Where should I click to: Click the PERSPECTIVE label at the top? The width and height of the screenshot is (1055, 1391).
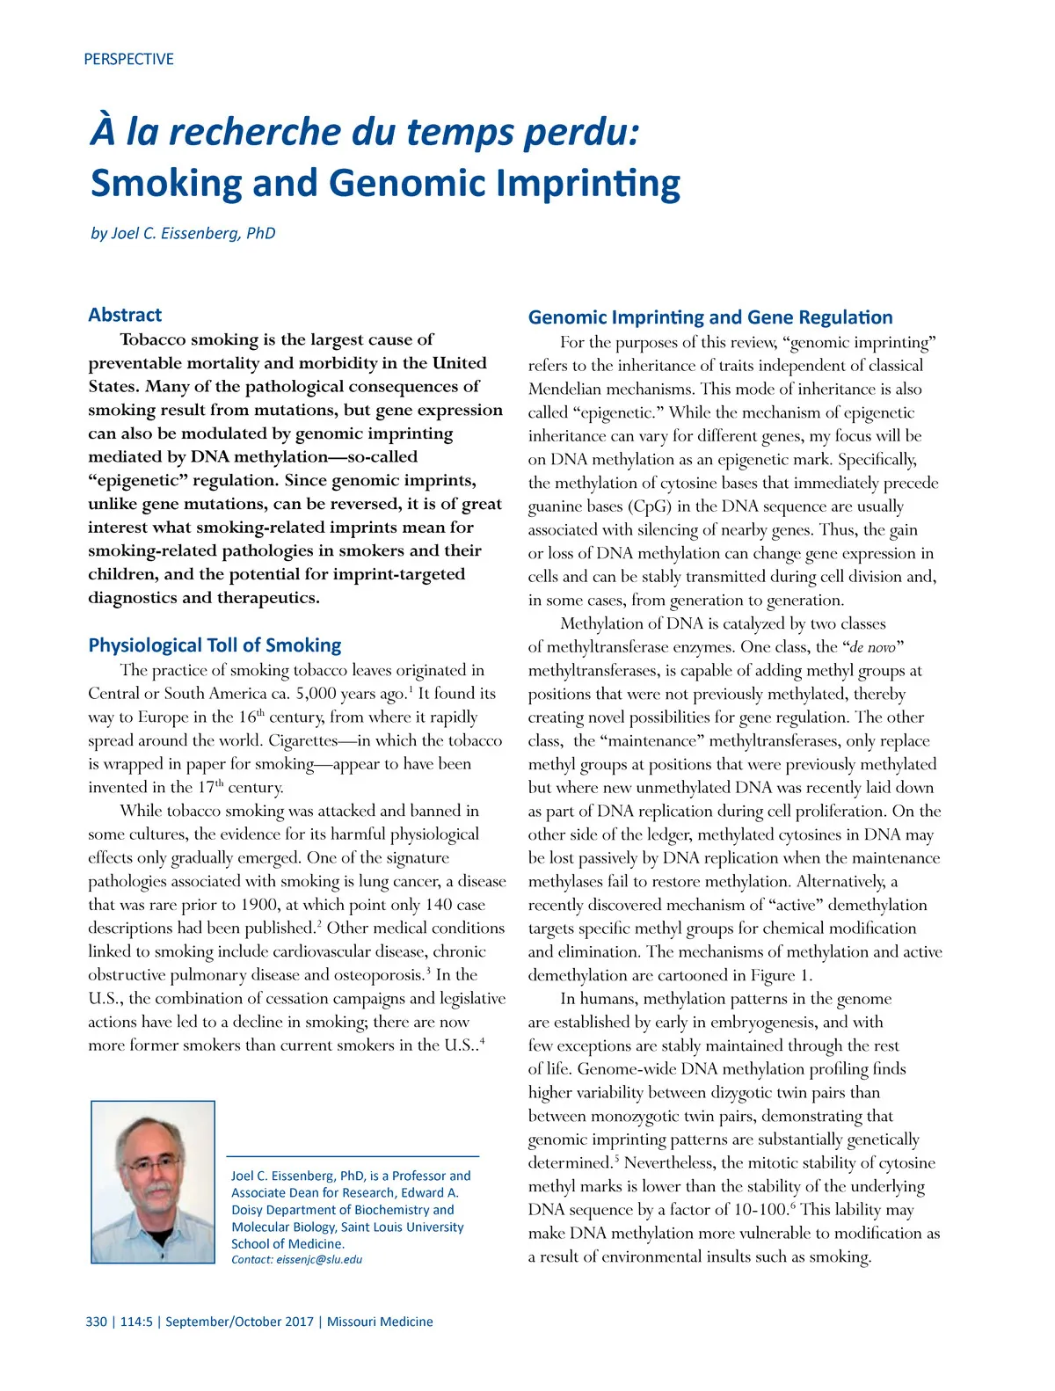pos(128,59)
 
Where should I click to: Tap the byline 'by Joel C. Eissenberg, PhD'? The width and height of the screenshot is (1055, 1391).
pos(183,233)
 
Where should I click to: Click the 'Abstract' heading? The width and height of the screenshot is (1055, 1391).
pos(125,315)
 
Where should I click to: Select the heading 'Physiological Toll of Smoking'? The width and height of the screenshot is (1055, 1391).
pos(215,645)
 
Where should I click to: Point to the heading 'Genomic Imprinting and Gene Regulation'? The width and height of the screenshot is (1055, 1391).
pos(710,317)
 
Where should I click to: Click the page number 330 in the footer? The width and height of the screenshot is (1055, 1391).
pos(96,1322)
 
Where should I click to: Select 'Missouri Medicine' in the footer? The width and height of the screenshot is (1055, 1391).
pos(380,1322)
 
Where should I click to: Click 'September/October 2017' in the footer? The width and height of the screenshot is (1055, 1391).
pos(239,1322)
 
